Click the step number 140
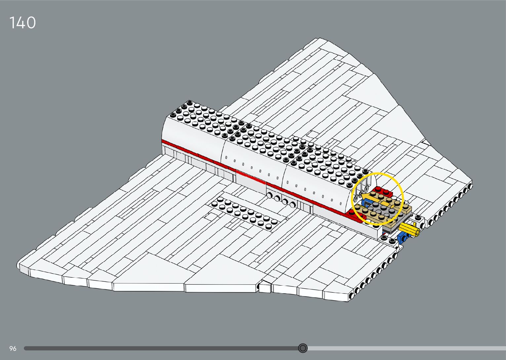pos(22,23)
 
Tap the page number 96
pos(13,348)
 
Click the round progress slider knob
pos(303,348)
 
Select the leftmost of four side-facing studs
pos(270,195)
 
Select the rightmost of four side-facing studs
pos(292,204)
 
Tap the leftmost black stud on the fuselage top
pos(173,115)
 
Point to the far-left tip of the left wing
pos(20,265)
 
